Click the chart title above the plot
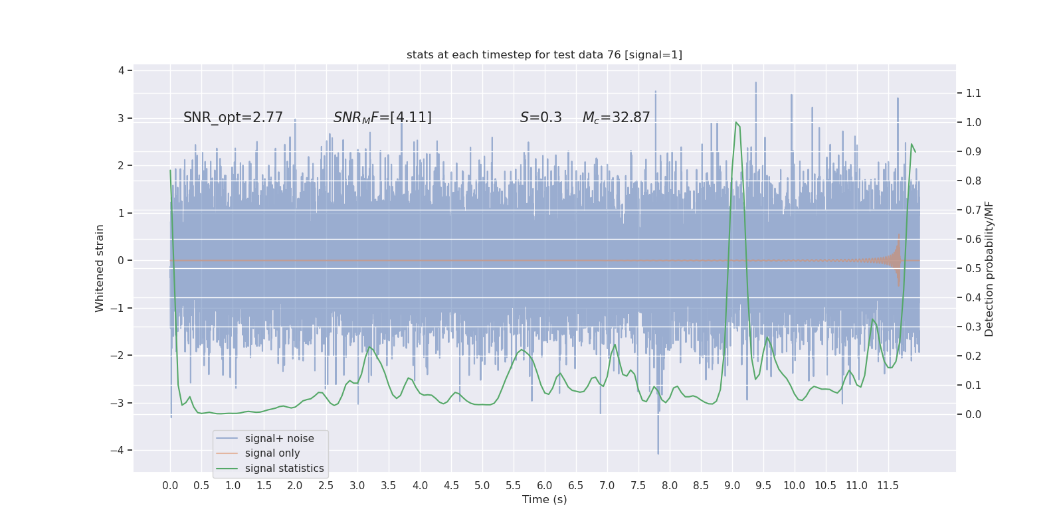point(544,55)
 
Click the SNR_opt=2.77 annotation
point(233,117)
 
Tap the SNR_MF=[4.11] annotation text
point(383,117)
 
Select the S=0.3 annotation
point(541,117)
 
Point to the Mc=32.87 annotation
point(616,117)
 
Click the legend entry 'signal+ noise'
point(279,439)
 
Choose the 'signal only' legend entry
point(272,453)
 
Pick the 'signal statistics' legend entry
point(284,469)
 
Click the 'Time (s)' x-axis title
point(544,500)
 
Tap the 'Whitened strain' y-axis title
point(100,268)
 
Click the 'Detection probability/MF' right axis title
point(989,269)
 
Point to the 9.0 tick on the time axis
point(732,486)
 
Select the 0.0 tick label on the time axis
point(170,486)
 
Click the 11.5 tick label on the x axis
point(888,486)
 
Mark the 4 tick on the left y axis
point(122,70)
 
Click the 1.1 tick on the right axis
point(973,94)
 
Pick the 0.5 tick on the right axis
point(973,269)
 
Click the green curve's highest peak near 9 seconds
point(736,123)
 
